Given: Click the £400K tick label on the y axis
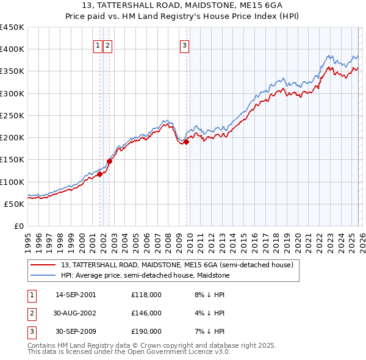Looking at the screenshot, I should coord(12,49).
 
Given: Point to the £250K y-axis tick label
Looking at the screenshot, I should coord(12,115).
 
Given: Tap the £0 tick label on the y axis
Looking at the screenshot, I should coord(18,226).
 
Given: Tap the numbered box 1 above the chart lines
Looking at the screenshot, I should coord(98,45).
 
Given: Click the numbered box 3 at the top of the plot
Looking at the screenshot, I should coord(184,45).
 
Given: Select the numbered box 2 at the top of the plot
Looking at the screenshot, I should coord(107,45).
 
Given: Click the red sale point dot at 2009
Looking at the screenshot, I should coord(186,142).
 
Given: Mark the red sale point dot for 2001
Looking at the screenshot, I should coord(99,174).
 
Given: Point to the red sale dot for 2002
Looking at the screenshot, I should coord(110,162).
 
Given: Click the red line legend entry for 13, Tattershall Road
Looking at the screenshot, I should coord(177,265).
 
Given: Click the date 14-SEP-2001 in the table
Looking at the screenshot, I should coord(76,295).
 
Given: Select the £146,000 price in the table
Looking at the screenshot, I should coord(146,313).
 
